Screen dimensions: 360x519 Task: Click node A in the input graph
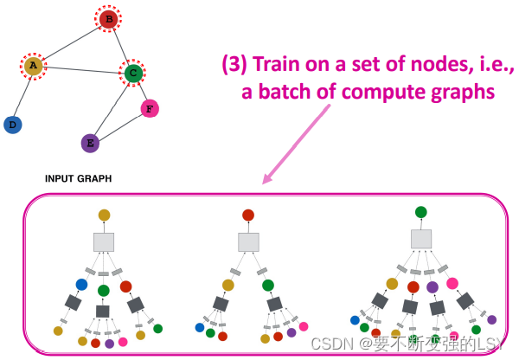pyautogui.click(x=33, y=65)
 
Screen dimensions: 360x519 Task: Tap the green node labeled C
pyautogui.click(x=132, y=74)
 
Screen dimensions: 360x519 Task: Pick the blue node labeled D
pyautogui.click(x=12, y=125)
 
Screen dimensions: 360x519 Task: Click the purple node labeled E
pyautogui.click(x=89, y=143)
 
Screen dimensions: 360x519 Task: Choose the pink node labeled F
pyautogui.click(x=150, y=108)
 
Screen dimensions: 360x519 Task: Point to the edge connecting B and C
pyautogui.click(x=120, y=45)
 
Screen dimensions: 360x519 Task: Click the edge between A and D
pyautogui.click(x=22, y=95)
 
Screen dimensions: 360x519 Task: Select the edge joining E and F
pyautogui.click(x=119, y=125)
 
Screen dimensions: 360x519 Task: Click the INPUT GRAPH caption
pyautogui.click(x=78, y=179)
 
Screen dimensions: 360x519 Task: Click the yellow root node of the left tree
pyautogui.click(x=104, y=215)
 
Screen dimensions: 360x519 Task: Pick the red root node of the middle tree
pyautogui.click(x=248, y=215)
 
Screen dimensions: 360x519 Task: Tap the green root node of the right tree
pyautogui.click(x=420, y=212)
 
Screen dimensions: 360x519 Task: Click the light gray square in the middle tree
pyautogui.click(x=248, y=242)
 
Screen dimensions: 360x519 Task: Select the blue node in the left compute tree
pyautogui.click(x=81, y=284)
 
